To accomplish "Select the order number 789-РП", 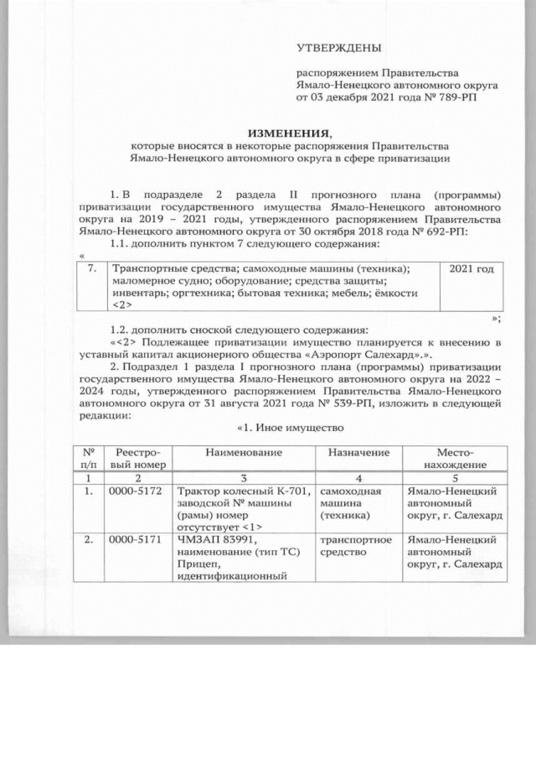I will [458, 98].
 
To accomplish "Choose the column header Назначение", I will [355, 452].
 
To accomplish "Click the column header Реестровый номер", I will [135, 458].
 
